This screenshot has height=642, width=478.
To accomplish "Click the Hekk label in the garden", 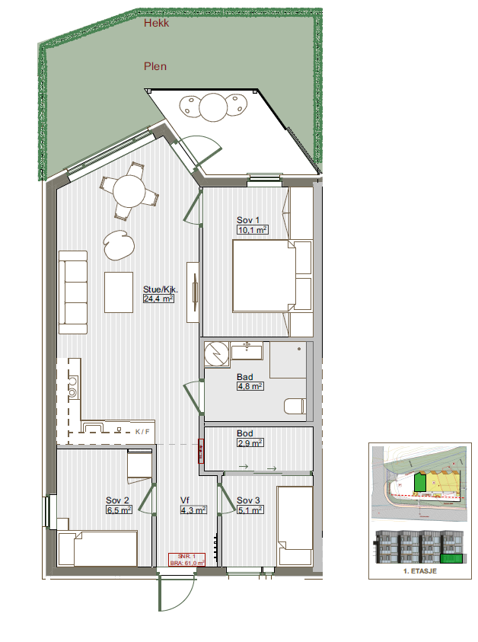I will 156,24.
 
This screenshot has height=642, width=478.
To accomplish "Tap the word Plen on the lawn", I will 155,66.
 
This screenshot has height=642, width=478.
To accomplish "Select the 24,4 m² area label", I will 158,299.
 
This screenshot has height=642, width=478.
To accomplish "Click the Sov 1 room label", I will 248,220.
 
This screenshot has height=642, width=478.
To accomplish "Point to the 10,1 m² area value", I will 251,229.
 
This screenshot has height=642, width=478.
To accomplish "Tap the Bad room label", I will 244,377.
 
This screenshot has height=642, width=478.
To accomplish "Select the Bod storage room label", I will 244,433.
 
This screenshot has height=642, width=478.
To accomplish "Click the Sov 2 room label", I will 117,500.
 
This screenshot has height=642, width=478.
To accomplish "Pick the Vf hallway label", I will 185,500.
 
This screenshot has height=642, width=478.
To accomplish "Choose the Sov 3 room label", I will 248,500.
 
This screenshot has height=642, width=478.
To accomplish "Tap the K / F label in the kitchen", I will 142,432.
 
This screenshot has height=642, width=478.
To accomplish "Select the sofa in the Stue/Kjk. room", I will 74,292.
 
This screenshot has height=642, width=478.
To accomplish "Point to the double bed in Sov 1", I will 263,276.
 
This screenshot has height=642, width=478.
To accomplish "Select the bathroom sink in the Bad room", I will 247,352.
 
